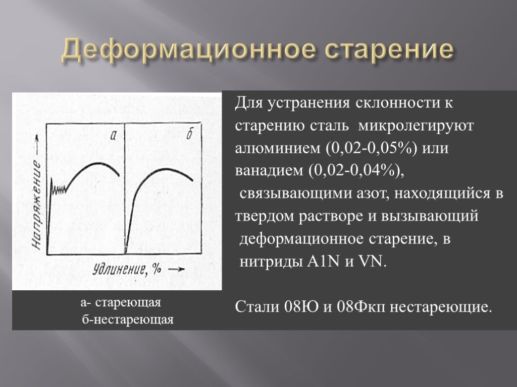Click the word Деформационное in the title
point(188,50)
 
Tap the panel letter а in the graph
point(114,135)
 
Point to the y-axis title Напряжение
point(36,204)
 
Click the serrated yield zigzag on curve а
point(59,189)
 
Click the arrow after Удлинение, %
point(176,270)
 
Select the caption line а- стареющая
point(121,302)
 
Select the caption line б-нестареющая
point(128,319)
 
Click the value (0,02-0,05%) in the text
point(372,148)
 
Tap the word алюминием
point(278,149)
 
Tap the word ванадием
point(269,171)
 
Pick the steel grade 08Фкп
point(360,307)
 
